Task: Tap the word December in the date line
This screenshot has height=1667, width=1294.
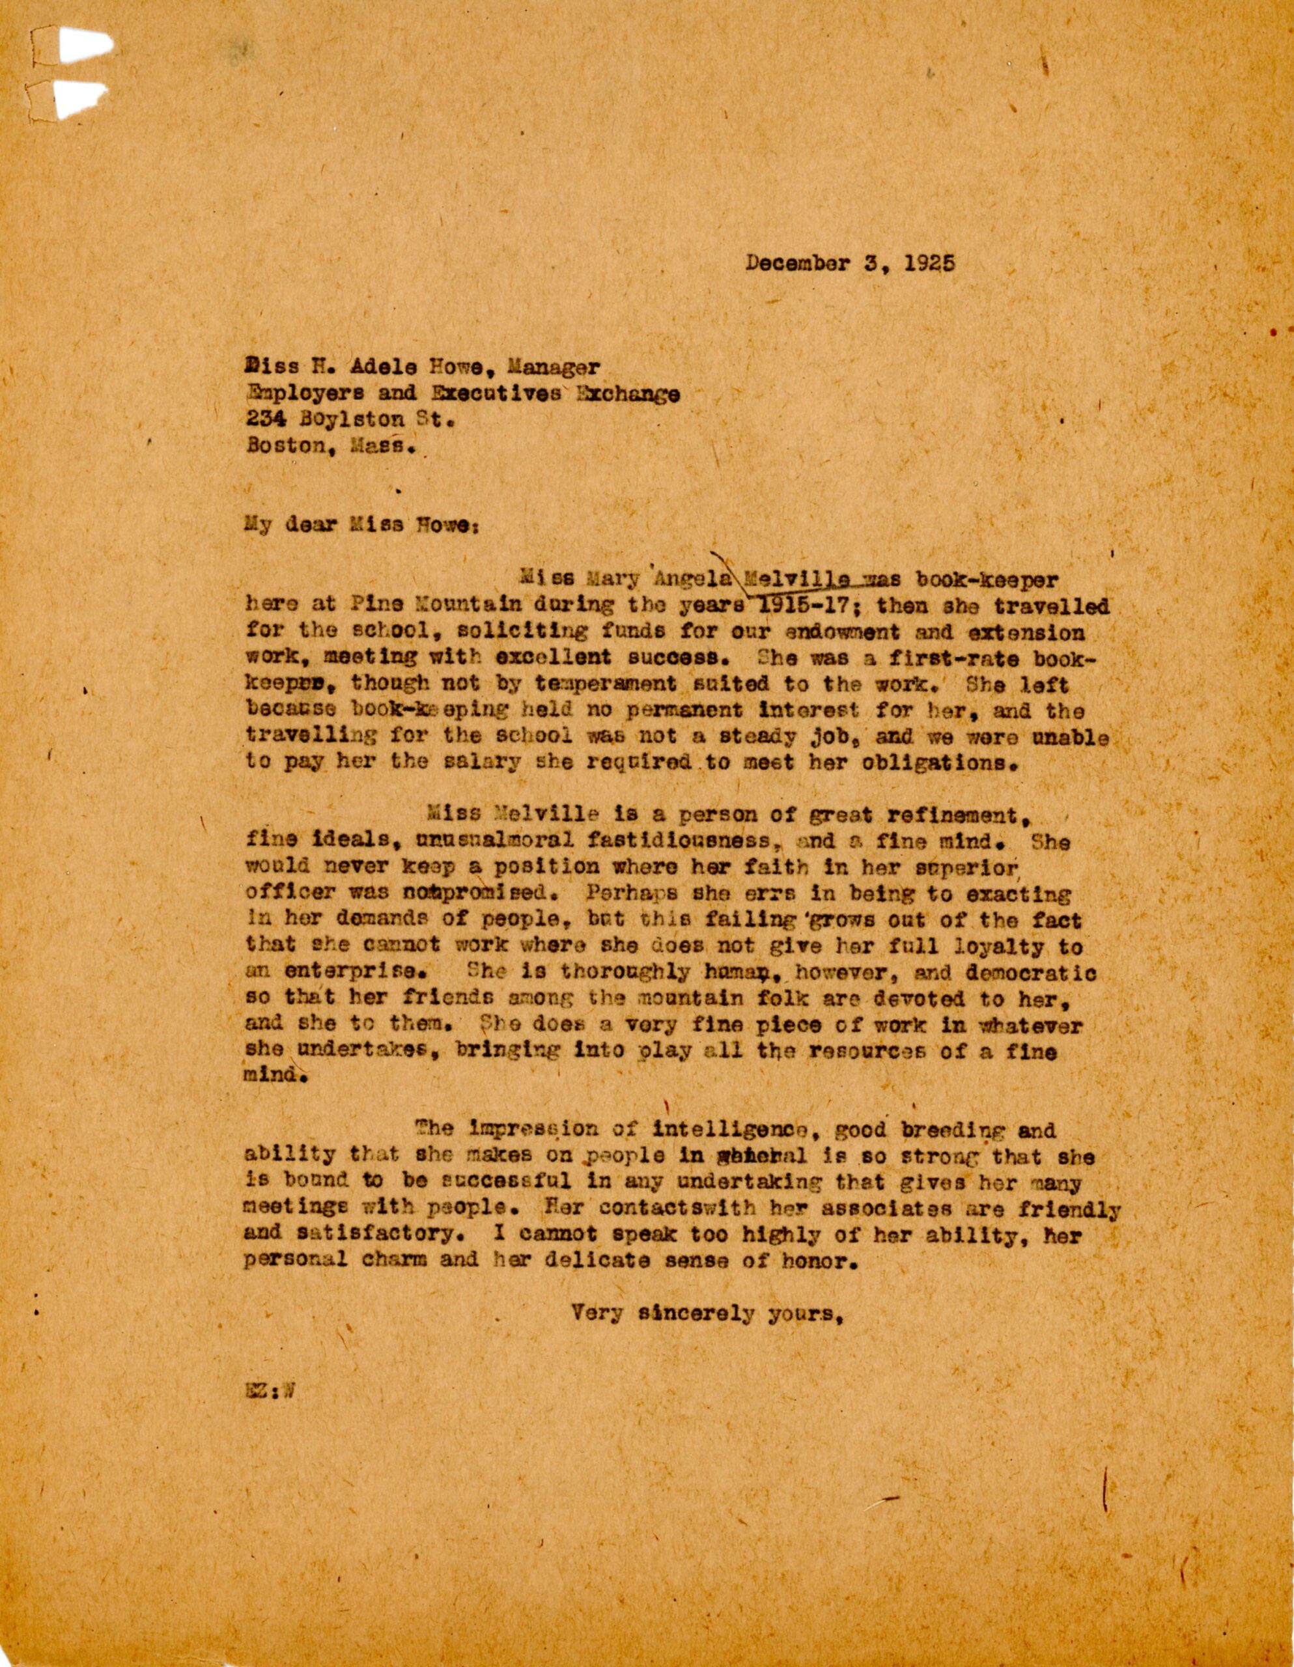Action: [x=796, y=264]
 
